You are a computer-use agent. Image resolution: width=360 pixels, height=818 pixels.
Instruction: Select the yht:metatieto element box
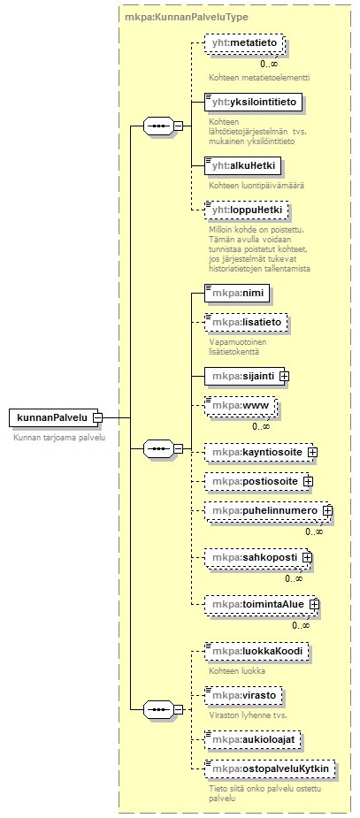point(244,43)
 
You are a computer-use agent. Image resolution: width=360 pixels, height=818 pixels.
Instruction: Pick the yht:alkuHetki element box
point(242,166)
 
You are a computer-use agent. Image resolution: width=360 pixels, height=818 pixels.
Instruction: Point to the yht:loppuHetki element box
point(246,210)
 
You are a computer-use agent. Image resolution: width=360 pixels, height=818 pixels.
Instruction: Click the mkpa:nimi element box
point(237,294)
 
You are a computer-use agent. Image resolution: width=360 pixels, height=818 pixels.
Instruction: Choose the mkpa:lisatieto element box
point(246,323)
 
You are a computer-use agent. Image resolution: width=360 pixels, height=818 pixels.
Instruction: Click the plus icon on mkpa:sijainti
point(284,376)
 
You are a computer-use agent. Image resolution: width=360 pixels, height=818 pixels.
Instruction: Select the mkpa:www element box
point(240,404)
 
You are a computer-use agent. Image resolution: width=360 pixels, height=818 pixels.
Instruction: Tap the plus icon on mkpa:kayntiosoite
point(312,452)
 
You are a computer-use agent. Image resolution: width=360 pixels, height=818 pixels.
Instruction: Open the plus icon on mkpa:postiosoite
point(308,481)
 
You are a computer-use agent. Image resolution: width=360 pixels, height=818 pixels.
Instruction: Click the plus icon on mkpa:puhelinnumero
point(327,511)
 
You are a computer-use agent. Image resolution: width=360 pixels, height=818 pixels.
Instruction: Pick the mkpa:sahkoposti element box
point(257,558)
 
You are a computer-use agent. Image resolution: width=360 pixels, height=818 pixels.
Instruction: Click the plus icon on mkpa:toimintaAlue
point(314,604)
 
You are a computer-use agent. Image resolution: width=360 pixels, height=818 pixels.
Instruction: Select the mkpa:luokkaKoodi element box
point(257,651)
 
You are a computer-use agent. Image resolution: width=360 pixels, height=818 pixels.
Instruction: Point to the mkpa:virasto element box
point(243,695)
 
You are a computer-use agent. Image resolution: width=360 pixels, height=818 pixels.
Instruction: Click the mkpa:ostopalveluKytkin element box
point(270,768)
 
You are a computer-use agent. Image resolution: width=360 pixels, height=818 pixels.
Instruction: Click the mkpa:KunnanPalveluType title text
point(187,17)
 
